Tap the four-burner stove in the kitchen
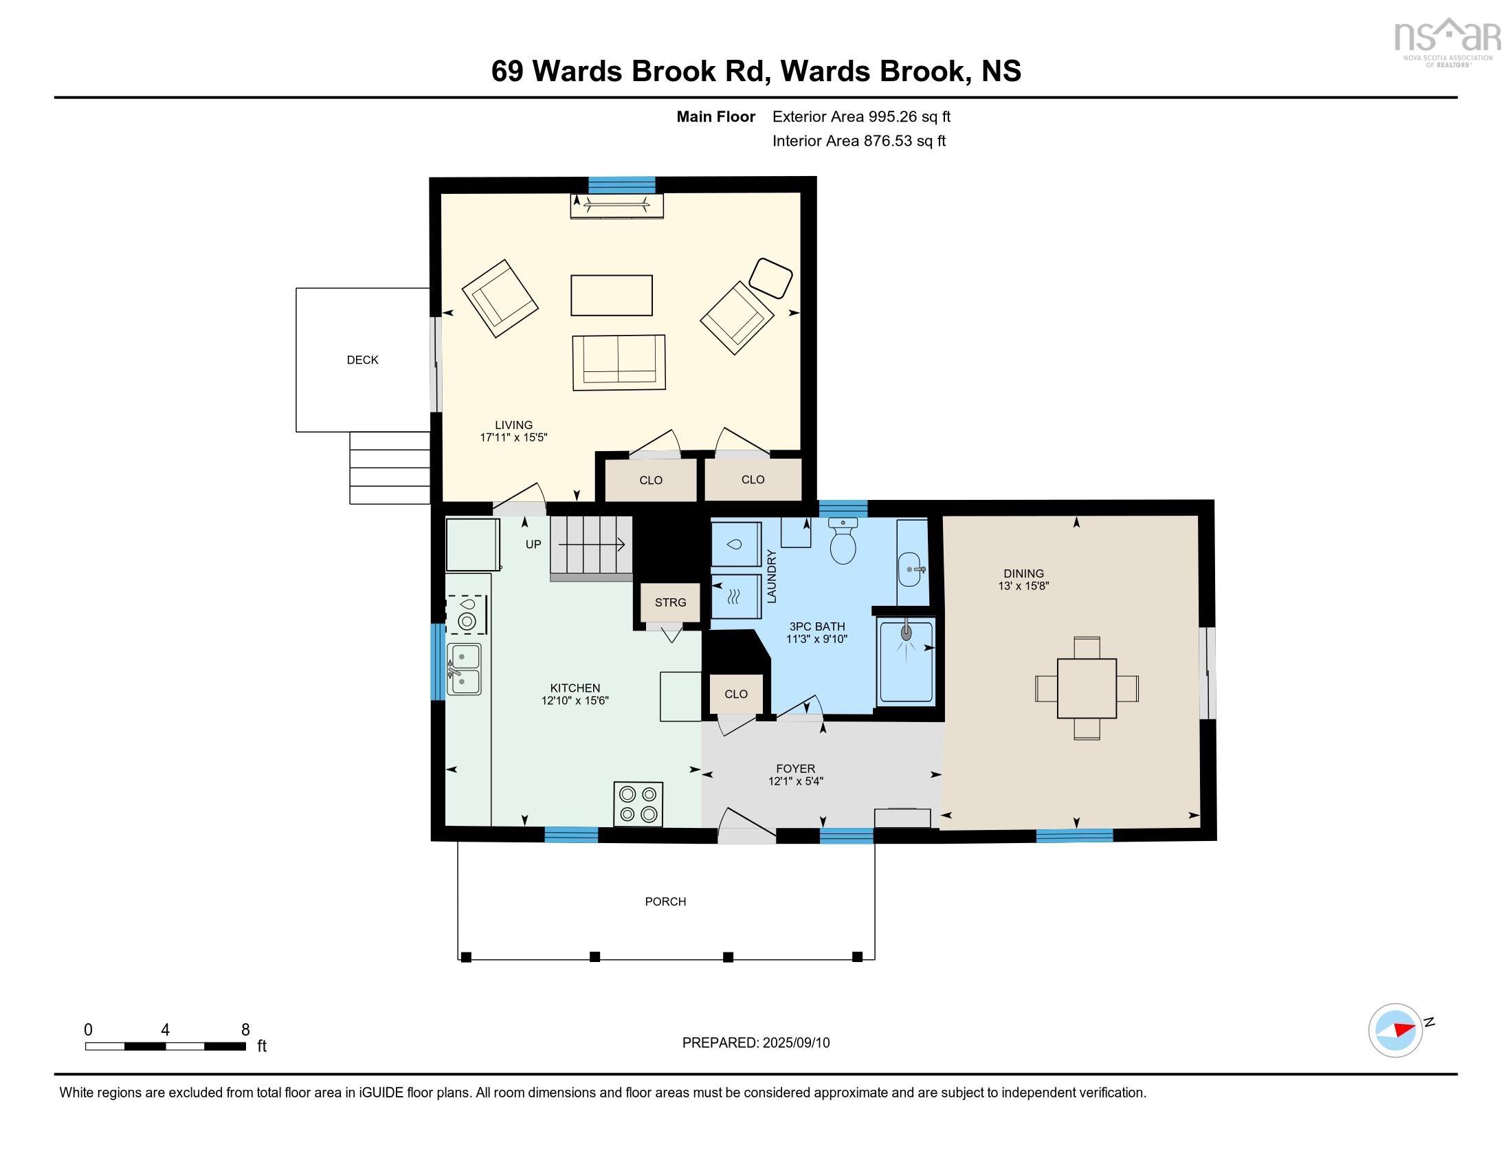pyautogui.click(x=638, y=804)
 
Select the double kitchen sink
pyautogui.click(x=465, y=669)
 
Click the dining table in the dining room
pyautogui.click(x=1086, y=688)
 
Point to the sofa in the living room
pyautogui.click(x=619, y=362)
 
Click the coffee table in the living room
pyautogui.click(x=611, y=295)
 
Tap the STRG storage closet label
pyautogui.click(x=670, y=602)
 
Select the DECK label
pyautogui.click(x=362, y=360)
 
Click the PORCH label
pyautogui.click(x=665, y=901)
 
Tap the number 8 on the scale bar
pyautogui.click(x=245, y=1030)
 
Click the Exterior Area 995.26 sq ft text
pyautogui.click(x=861, y=116)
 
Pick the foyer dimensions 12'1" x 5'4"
pyautogui.click(x=795, y=781)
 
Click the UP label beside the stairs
pyautogui.click(x=533, y=545)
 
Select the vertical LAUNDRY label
pyautogui.click(x=772, y=576)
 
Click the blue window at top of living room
pyautogui.click(x=621, y=185)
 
